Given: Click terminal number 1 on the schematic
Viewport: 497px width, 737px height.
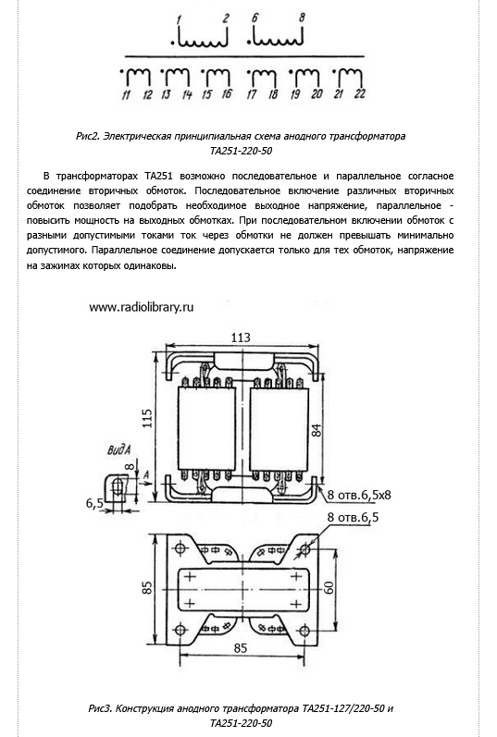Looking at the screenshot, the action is point(179,19).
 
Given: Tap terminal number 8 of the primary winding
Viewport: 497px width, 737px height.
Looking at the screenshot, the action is point(302,18).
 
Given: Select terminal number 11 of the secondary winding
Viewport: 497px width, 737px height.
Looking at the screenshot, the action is point(126,94).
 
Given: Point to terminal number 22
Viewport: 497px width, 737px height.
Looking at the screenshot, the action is point(360,93).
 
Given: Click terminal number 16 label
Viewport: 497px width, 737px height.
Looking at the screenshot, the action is point(227,93).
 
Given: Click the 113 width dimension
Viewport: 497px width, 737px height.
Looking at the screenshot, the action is point(241,338).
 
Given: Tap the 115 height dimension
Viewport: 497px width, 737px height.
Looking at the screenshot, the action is point(147,418).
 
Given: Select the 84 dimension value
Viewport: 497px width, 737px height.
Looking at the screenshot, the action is point(317,430).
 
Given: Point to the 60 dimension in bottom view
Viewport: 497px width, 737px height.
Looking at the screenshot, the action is point(329,587).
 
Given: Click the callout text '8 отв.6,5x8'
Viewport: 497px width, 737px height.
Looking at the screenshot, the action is point(359,495).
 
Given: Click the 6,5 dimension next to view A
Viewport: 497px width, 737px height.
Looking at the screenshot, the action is point(94,503).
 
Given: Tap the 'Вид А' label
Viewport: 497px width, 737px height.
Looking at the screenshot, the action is point(118,449).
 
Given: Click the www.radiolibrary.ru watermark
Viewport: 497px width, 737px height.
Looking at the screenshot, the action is point(142,307).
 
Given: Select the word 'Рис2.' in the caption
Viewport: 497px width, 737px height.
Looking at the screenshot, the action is point(88,136).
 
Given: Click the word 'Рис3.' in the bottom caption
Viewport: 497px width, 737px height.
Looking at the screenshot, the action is point(100,708).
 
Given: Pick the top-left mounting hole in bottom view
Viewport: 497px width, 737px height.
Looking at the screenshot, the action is point(180,548).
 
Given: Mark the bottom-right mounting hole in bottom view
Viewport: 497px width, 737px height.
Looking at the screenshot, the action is point(304,630).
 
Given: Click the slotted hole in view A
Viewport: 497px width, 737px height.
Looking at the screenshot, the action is point(118,485).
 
